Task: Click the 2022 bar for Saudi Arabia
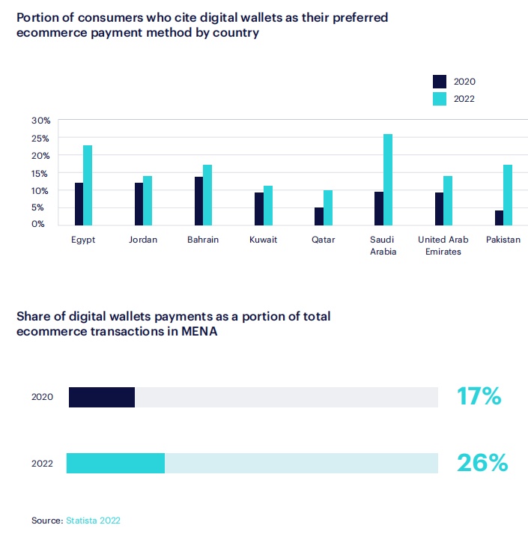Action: pyautogui.click(x=388, y=179)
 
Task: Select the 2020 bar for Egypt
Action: pyautogui.click(x=79, y=203)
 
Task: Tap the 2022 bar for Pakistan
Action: pyautogui.click(x=508, y=194)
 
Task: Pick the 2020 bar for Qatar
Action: pyautogui.click(x=319, y=216)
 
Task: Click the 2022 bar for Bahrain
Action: pyautogui.click(x=207, y=194)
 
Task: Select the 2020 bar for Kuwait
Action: pyautogui.click(x=259, y=208)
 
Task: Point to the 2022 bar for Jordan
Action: pyautogui.click(x=148, y=200)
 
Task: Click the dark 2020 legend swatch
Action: pyautogui.click(x=440, y=81)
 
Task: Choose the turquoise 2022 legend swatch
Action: pyautogui.click(x=440, y=98)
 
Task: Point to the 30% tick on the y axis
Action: pyautogui.click(x=41, y=121)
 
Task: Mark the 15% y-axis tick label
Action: pyautogui.click(x=41, y=173)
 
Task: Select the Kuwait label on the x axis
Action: pyautogui.click(x=263, y=240)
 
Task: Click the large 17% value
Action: pyautogui.click(x=479, y=396)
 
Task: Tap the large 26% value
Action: pyautogui.click(x=482, y=463)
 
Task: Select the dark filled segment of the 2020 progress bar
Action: pyautogui.click(x=102, y=397)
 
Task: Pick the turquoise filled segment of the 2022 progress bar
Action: pyautogui.click(x=115, y=464)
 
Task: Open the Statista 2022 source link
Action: pyautogui.click(x=93, y=520)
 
